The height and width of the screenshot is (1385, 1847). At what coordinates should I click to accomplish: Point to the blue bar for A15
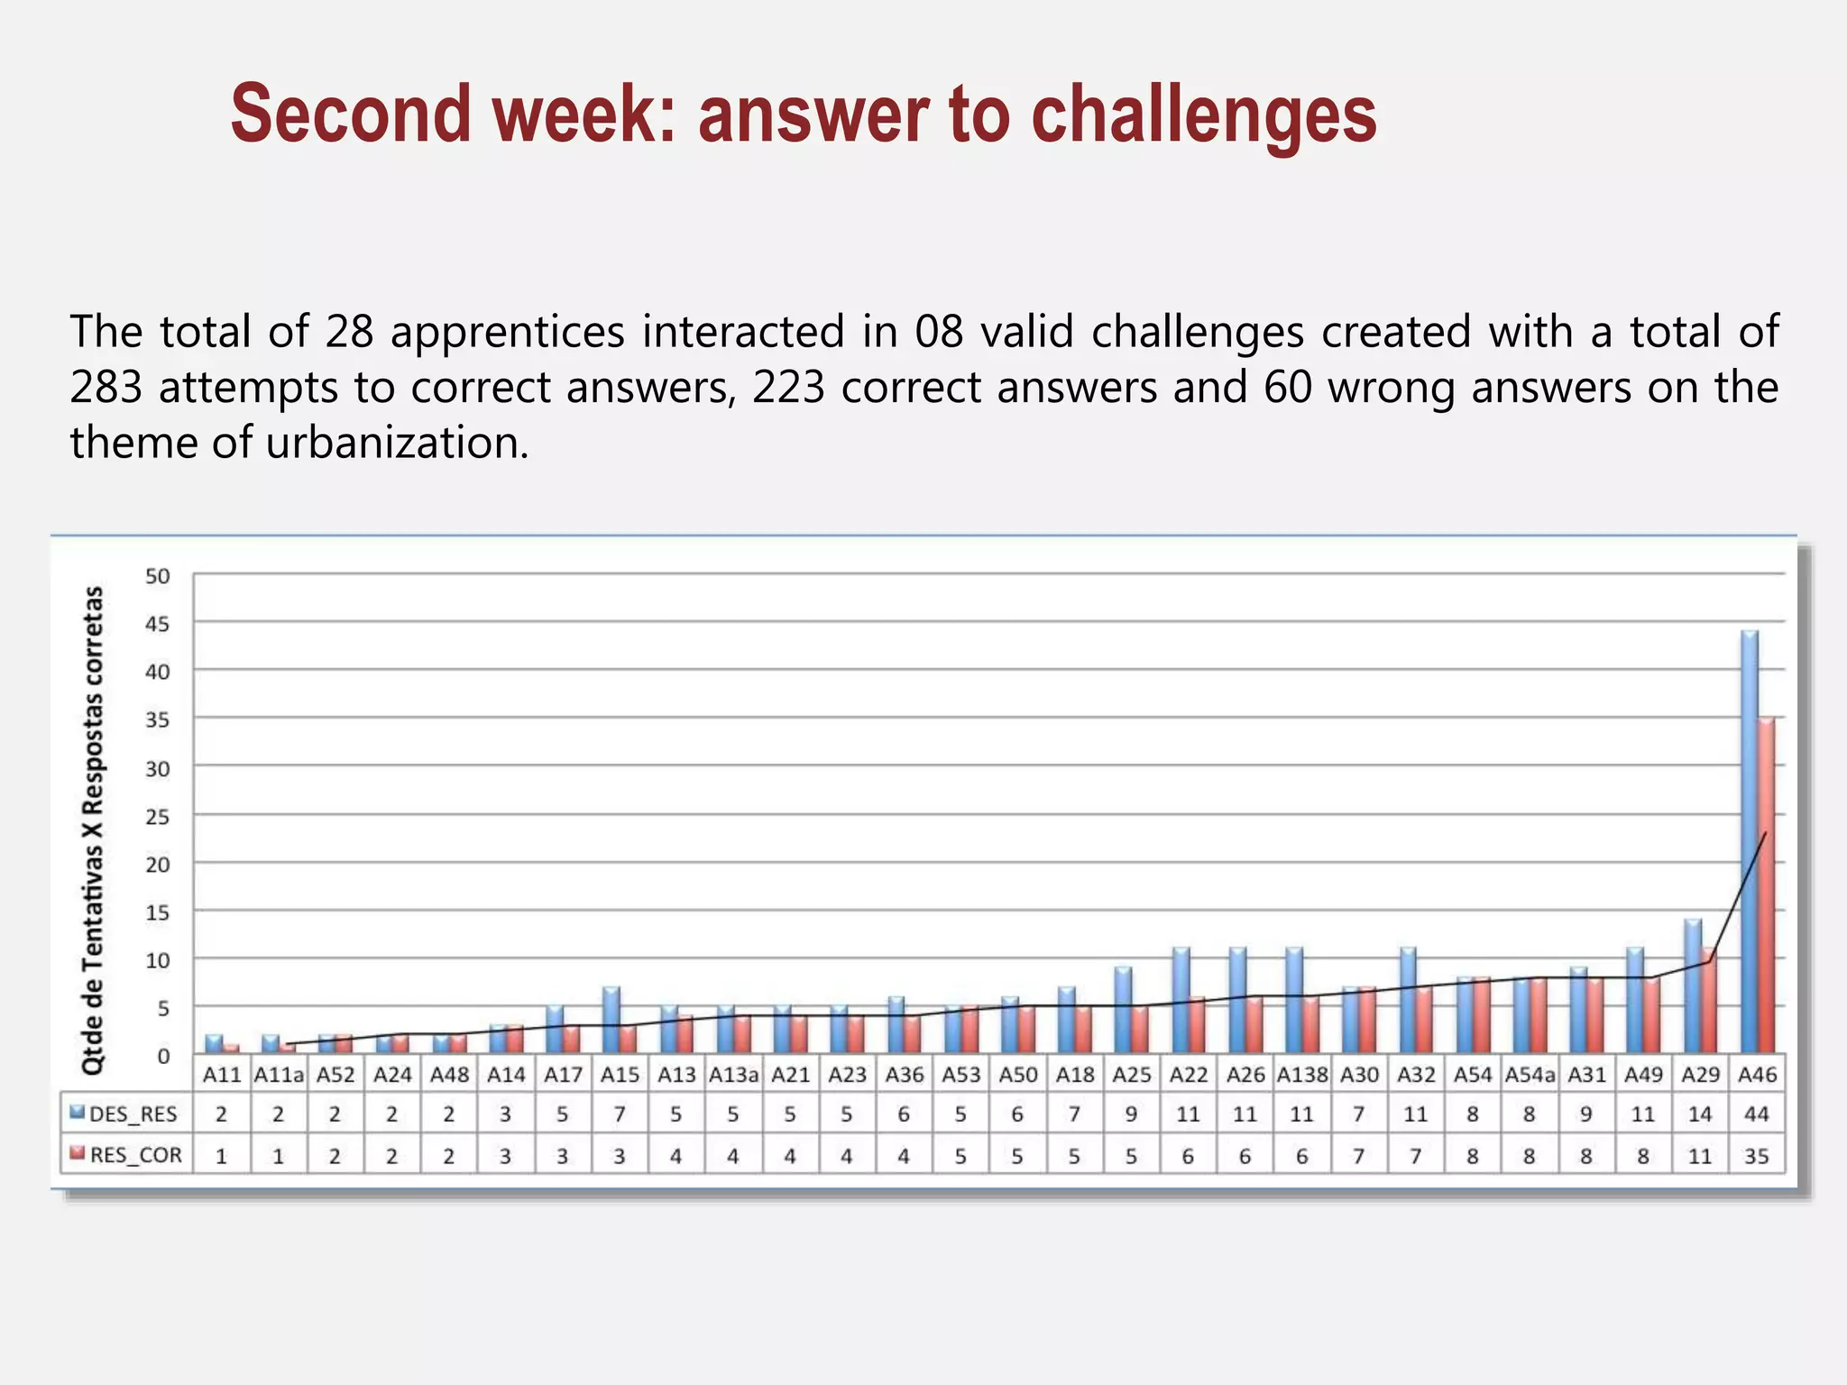pos(611,1020)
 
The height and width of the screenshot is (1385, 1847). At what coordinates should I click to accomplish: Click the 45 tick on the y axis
pos(157,623)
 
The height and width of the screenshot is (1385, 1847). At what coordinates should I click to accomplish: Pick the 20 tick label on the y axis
pos(157,864)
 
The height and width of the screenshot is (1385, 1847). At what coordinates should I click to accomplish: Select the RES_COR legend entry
pos(125,1155)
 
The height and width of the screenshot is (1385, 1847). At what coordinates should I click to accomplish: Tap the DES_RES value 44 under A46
pos(1756,1114)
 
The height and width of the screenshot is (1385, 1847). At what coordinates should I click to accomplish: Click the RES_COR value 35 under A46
pos(1756,1156)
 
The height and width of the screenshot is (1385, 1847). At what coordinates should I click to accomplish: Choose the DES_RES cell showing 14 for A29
pos(1699,1114)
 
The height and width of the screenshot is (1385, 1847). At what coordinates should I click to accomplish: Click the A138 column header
pos(1301,1075)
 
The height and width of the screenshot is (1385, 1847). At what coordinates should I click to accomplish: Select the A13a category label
pos(733,1075)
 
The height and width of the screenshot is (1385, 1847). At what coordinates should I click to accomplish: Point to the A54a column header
pos(1530,1075)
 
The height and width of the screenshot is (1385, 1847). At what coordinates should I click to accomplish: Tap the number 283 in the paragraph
pos(106,388)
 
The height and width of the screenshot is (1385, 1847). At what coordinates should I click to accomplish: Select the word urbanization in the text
pos(397,443)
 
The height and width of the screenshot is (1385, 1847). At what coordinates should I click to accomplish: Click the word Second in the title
pos(350,115)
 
